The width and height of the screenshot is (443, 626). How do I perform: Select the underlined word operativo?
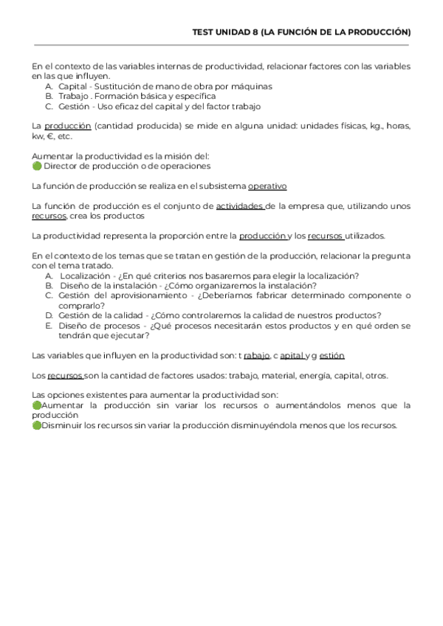pos(267,186)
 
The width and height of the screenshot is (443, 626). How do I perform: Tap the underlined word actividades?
pos(241,206)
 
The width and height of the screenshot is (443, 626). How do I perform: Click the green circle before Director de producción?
pos(36,166)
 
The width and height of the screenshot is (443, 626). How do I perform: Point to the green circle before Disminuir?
pos(36,425)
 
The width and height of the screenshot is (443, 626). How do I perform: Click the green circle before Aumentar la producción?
pos(36,405)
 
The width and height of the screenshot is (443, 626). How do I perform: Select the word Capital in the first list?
pos(72,86)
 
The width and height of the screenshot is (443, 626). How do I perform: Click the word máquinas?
pos(250,86)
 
